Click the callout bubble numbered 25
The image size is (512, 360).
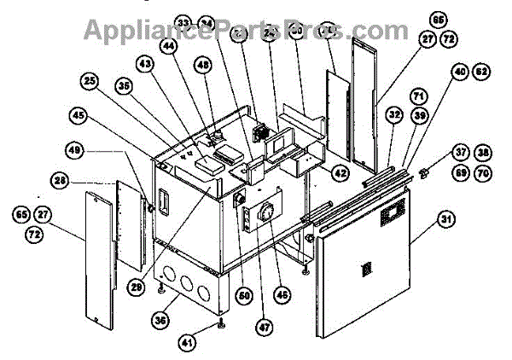pyautogui.click(x=90, y=81)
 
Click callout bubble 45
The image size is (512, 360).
pyautogui.click(x=79, y=114)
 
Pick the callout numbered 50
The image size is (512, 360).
pyautogui.click(x=245, y=296)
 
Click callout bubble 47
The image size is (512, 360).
pyautogui.click(x=260, y=325)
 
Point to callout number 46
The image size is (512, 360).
pyautogui.click(x=281, y=295)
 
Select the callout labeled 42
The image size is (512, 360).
pyautogui.click(x=340, y=173)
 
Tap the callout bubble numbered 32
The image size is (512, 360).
pyautogui.click(x=393, y=112)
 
